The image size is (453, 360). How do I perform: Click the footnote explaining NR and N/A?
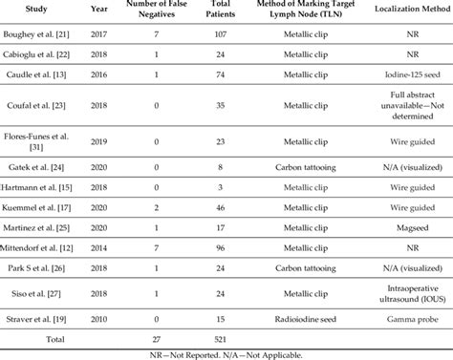pos(226,352)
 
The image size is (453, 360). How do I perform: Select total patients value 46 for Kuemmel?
pos(223,206)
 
